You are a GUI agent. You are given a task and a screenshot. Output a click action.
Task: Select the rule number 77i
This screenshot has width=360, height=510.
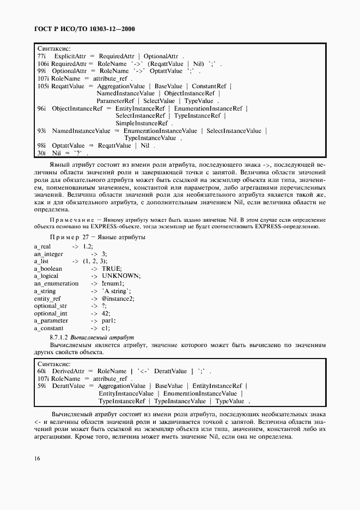tap(41, 56)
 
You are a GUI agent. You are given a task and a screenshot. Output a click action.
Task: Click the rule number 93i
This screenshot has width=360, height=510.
tap(41, 131)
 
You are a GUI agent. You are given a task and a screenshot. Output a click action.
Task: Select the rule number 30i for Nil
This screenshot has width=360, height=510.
tap(41, 153)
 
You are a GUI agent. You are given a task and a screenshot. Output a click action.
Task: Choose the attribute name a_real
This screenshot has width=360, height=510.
tap(42, 246)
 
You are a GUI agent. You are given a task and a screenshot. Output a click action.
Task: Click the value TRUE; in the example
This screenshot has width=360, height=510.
tap(112, 269)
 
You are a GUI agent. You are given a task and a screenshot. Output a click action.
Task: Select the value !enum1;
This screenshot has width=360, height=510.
tap(113, 283)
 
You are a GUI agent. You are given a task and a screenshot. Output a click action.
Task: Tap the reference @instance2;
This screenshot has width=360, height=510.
tap(118, 299)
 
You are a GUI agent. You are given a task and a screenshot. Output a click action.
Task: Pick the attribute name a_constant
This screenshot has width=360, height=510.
tap(48, 328)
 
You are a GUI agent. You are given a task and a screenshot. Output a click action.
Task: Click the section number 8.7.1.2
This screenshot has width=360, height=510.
tap(60, 338)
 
